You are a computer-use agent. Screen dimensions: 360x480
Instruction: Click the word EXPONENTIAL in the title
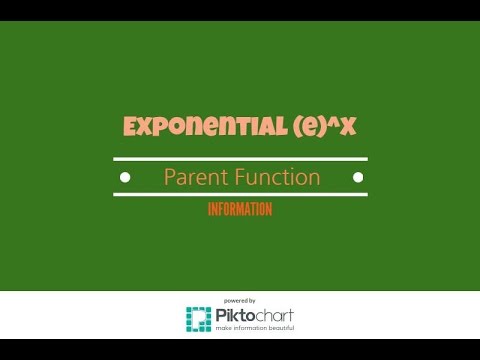(187, 127)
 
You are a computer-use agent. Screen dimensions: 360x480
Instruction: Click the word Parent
(196, 177)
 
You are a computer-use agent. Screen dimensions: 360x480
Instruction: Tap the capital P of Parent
(169, 177)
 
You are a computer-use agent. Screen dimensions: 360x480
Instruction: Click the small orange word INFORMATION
(240, 210)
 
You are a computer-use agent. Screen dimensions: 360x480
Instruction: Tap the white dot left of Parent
(124, 178)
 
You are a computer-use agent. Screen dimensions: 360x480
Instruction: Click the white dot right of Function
(355, 178)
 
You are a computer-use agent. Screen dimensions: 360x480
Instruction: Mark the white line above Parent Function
(240, 158)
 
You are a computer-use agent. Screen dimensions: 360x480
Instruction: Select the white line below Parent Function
(240, 194)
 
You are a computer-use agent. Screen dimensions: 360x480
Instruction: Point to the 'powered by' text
(239, 300)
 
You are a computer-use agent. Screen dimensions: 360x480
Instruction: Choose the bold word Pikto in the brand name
(234, 317)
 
